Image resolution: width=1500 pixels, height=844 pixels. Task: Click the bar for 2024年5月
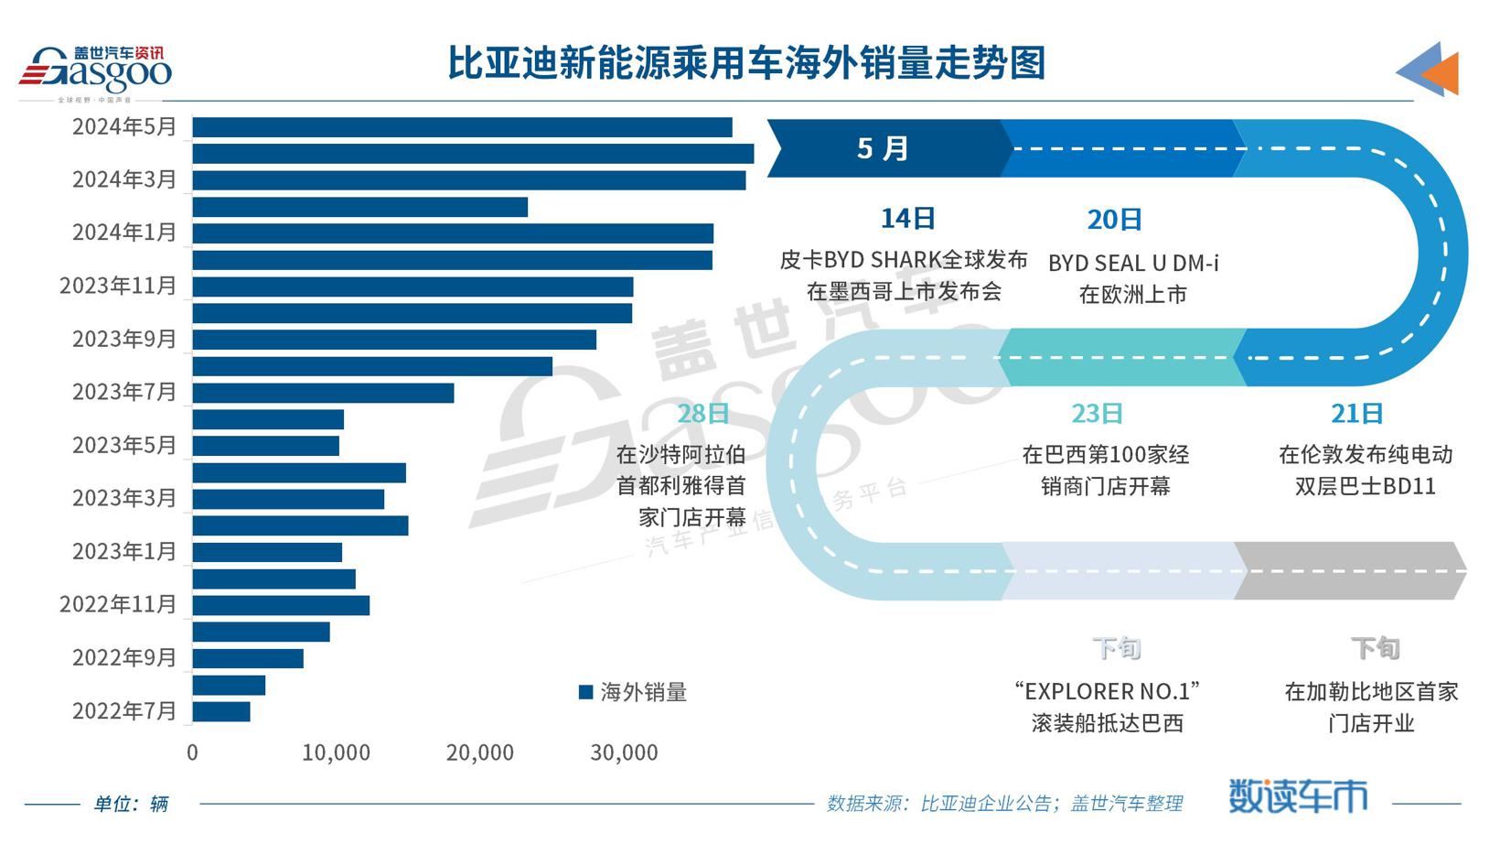(x=462, y=127)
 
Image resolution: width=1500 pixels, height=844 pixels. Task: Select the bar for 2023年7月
(x=323, y=394)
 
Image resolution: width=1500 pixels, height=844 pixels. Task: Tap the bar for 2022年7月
(x=221, y=711)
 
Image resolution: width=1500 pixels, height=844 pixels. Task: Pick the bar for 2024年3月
(x=468, y=180)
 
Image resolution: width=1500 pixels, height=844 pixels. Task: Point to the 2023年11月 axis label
(x=118, y=286)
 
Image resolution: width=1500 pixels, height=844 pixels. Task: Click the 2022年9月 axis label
(x=124, y=657)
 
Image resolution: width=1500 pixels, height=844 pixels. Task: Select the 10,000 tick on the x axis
(x=336, y=752)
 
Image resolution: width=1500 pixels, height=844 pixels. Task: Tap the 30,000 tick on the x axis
(x=624, y=752)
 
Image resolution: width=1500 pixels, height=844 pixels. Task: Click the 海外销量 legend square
(x=586, y=692)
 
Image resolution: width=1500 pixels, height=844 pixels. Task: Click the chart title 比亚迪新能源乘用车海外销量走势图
(x=746, y=63)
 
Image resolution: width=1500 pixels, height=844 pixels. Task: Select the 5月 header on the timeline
(x=883, y=148)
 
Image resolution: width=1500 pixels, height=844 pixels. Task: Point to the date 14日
(x=907, y=218)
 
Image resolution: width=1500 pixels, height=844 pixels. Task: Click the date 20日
(x=1114, y=220)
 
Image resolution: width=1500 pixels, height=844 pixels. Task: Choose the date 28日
(x=702, y=414)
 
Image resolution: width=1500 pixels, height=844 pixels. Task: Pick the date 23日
(x=1097, y=414)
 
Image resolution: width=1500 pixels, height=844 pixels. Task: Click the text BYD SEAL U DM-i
(x=1133, y=264)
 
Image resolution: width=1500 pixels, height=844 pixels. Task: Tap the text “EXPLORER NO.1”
(x=1107, y=691)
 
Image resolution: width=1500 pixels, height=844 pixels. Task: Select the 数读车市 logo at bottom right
(x=1297, y=796)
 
